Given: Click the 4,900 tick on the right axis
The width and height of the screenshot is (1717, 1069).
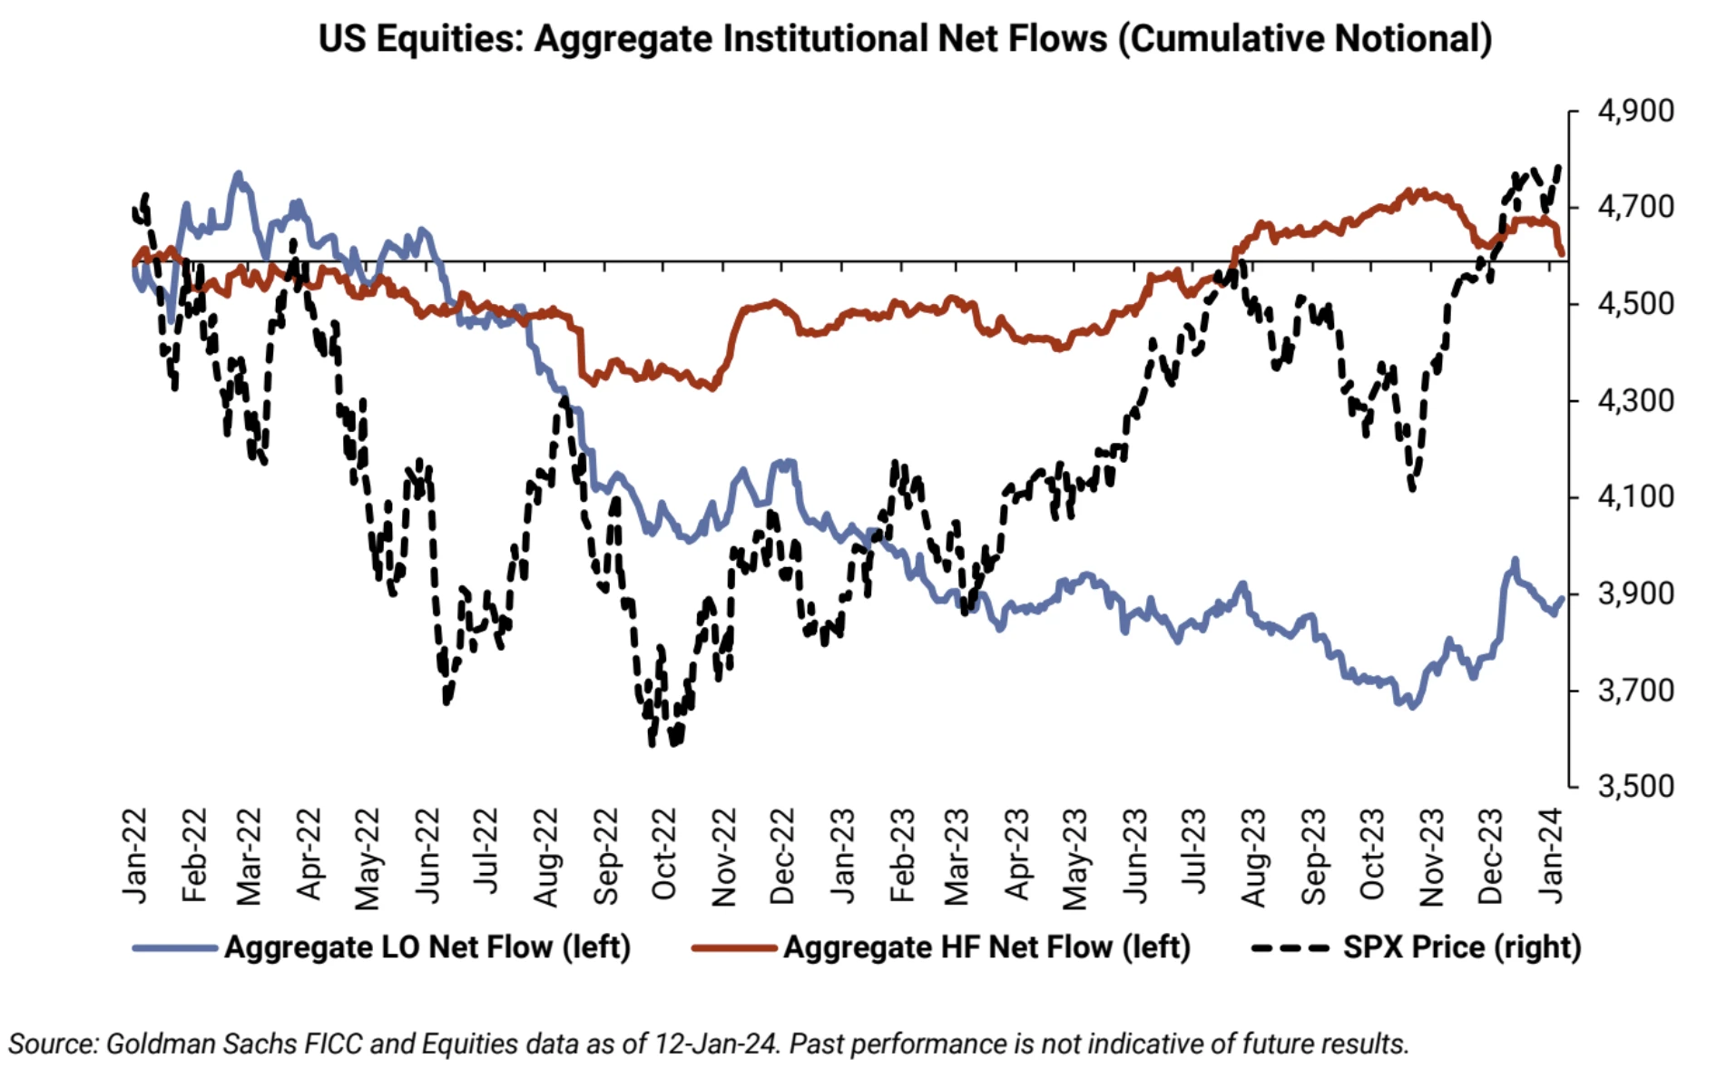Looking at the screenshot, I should click(x=1634, y=111).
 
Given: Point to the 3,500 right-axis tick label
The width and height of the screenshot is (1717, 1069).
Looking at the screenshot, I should click(x=1634, y=786).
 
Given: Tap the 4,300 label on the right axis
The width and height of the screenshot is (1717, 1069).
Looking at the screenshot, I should click(x=1634, y=400).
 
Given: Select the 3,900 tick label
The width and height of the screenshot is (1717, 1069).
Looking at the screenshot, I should click(x=1634, y=593).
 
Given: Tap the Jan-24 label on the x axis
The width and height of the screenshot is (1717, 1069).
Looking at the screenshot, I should click(x=1551, y=856).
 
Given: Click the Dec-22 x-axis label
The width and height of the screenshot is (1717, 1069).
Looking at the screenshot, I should click(x=781, y=856).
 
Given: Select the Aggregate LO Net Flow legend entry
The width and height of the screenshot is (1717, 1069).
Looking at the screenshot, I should click(x=427, y=947).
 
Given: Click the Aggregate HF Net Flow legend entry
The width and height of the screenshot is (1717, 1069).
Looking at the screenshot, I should click(x=986, y=947).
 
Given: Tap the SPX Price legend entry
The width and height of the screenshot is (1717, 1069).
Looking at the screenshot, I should click(x=1461, y=947).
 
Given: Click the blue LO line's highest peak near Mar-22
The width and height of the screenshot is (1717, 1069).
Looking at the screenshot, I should click(x=238, y=172).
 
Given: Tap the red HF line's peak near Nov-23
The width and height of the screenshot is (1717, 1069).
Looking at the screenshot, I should click(x=1409, y=191).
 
